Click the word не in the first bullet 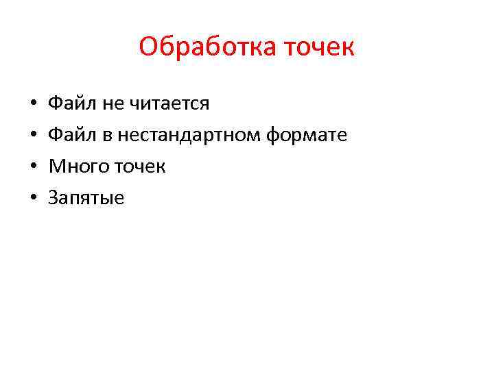(110, 104)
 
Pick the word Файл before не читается (72, 104)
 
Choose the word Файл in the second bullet (72, 136)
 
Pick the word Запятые (86, 199)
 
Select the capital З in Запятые (52, 199)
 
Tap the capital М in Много (54, 167)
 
